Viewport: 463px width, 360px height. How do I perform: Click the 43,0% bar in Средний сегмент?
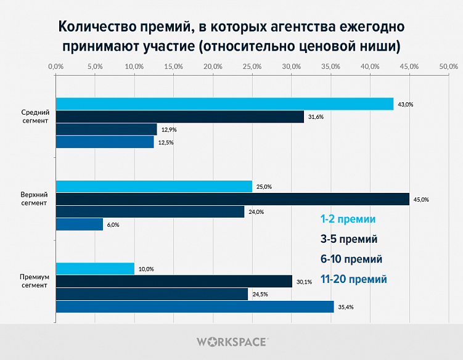[224, 104]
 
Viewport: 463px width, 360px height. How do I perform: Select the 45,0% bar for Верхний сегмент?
[232, 199]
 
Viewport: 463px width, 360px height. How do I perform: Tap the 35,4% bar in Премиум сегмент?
[195, 306]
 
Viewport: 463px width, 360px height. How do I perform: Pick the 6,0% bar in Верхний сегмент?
[80, 224]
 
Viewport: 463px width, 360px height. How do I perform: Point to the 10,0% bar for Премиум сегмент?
[95, 269]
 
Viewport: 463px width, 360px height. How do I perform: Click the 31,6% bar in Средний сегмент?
[180, 117]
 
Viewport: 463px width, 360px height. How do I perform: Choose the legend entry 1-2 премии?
[348, 219]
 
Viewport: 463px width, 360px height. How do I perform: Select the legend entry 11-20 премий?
[354, 279]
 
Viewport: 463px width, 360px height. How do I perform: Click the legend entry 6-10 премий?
[351, 259]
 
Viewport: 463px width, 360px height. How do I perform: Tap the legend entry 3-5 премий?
[349, 239]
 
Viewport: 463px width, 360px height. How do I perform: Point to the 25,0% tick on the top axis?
[252, 66]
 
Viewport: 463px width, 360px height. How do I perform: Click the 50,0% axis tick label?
[448, 66]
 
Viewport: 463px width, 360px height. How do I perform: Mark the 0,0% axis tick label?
[55, 66]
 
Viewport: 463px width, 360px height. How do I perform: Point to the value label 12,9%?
[169, 129]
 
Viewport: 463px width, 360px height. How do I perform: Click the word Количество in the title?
[94, 27]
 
